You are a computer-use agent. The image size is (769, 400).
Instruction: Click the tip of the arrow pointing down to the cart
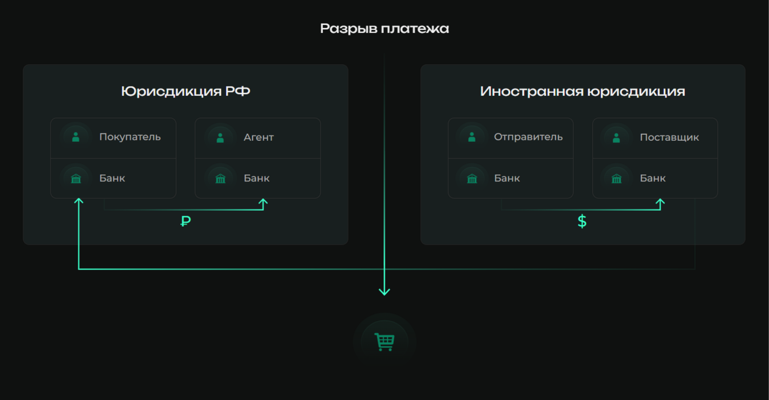point(384,295)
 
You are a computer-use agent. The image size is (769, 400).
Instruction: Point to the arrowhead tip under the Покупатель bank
point(79,198)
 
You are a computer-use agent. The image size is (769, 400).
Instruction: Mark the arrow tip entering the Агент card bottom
point(263,199)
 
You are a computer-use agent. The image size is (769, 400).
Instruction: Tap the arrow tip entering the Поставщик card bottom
point(660,199)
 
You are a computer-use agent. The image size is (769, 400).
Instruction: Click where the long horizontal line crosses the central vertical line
point(384,268)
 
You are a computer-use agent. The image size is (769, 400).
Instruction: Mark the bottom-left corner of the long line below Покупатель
point(79,268)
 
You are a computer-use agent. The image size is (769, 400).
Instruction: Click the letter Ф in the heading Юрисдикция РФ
point(243,92)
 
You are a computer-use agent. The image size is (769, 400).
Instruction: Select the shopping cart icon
point(384,342)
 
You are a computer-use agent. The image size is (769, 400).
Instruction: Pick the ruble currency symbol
point(186,221)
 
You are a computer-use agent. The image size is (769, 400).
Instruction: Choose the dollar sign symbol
point(582,221)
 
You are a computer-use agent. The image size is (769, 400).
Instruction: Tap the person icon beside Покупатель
point(76,137)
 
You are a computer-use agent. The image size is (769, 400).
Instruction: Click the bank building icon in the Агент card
point(221,179)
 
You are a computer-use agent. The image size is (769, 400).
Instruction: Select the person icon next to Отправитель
point(472,137)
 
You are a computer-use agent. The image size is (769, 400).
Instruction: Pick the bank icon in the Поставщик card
point(617,179)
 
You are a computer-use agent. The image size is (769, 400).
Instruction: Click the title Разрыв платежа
point(384,28)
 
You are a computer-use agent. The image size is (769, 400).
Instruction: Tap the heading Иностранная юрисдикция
point(583,92)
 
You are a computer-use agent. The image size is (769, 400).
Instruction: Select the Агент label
point(259,137)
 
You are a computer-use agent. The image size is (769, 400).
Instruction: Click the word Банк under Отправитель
point(507,178)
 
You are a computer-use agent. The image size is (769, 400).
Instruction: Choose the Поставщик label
point(669,137)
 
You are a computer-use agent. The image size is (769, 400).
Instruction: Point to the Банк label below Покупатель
point(112,178)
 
